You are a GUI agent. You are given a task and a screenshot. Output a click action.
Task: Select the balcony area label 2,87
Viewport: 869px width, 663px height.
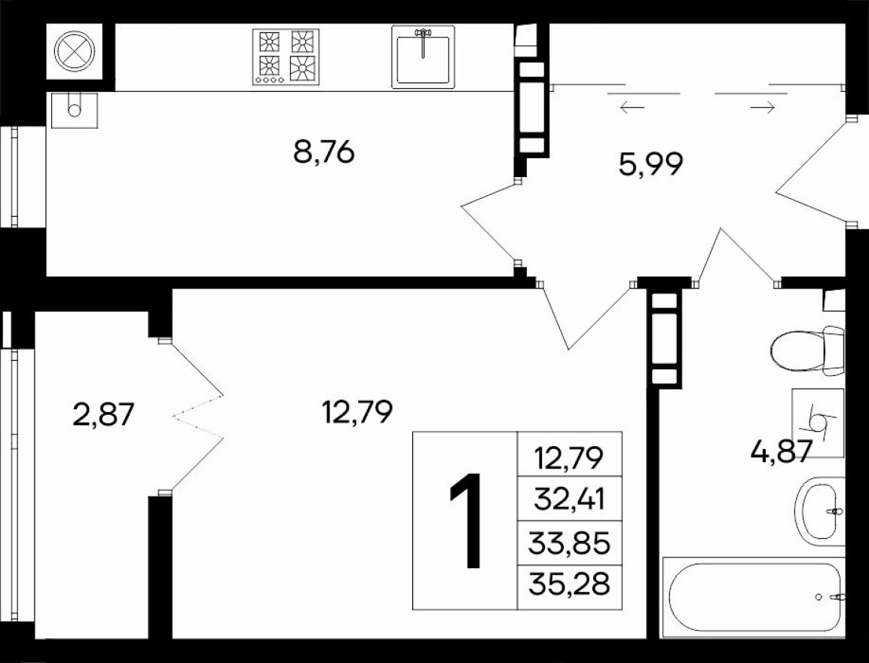(x=103, y=414)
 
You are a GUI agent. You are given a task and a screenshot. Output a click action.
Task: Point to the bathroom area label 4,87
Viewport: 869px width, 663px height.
(x=781, y=451)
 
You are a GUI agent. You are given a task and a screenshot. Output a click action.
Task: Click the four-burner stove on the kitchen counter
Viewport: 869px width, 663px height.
(x=286, y=57)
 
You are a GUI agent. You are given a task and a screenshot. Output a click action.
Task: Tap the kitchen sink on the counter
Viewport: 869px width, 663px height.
(x=423, y=57)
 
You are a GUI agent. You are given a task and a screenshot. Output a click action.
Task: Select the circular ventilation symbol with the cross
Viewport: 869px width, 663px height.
(x=75, y=51)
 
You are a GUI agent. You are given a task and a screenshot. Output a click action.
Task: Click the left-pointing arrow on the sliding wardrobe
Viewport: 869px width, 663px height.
(x=632, y=108)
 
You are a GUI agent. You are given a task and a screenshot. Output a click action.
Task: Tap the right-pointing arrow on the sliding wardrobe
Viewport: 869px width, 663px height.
(x=763, y=108)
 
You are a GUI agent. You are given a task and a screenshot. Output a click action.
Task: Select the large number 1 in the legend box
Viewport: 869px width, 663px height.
(x=465, y=521)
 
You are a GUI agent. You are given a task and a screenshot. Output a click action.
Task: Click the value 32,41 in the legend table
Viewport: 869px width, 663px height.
(x=569, y=498)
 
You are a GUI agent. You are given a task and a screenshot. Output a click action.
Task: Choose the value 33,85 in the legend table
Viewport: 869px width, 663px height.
(x=569, y=542)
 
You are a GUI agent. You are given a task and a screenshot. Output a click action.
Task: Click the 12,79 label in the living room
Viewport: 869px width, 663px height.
(x=356, y=412)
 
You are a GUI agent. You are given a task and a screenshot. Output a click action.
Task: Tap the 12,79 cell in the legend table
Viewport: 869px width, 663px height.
(x=569, y=456)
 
